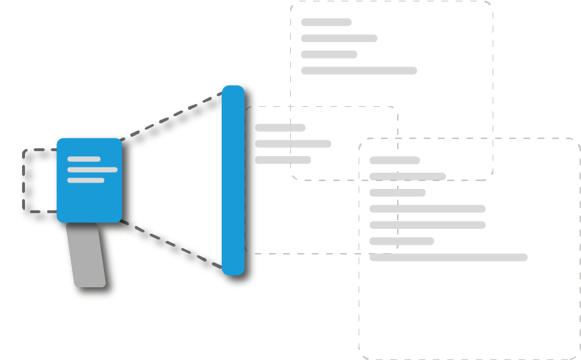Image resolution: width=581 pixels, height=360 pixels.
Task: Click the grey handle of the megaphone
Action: pyautogui.click(x=90, y=257)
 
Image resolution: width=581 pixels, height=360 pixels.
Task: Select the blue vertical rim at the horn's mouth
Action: pyautogui.click(x=232, y=178)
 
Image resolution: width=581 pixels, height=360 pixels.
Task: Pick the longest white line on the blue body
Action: pyautogui.click(x=92, y=170)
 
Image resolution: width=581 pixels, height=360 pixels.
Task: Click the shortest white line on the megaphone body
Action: pyautogui.click(x=83, y=159)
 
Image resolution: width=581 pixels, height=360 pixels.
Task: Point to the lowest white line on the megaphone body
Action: pyautogui.click(x=86, y=180)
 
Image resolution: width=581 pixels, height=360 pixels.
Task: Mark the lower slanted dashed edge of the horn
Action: pyautogui.click(x=171, y=242)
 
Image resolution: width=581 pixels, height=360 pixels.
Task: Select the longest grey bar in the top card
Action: pyautogui.click(x=359, y=71)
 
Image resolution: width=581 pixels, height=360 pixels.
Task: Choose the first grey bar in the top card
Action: pyautogui.click(x=326, y=22)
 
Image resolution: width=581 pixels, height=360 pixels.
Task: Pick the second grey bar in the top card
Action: pyautogui.click(x=339, y=38)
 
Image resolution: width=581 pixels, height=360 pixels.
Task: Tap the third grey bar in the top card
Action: pyautogui.click(x=329, y=55)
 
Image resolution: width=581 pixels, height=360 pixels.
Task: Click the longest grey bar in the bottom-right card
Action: pyautogui.click(x=448, y=257)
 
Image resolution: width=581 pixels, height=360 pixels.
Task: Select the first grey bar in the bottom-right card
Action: pyautogui.click(x=394, y=160)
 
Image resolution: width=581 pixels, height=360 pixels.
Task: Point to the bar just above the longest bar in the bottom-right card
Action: pyautogui.click(x=401, y=241)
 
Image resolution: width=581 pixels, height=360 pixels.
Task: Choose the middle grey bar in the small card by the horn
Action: pyautogui.click(x=293, y=144)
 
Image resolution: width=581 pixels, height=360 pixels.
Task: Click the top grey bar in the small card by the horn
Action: pyautogui.click(x=280, y=128)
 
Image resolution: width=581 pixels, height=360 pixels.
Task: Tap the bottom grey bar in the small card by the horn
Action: pyautogui.click(x=282, y=160)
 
